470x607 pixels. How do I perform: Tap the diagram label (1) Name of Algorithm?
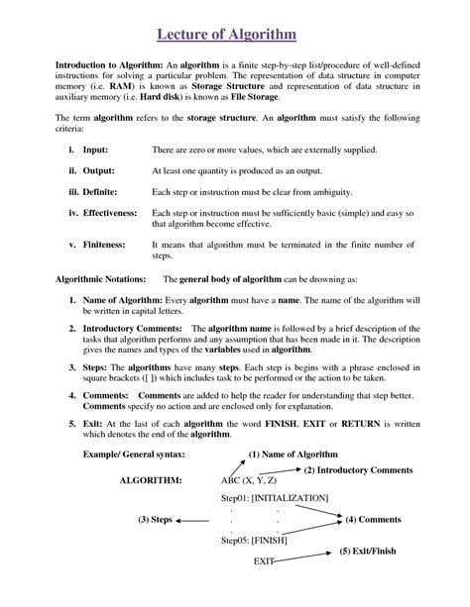click(x=292, y=455)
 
